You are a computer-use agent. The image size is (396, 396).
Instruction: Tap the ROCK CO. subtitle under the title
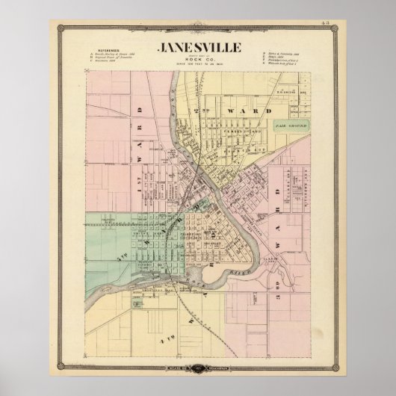(x=198, y=60)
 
